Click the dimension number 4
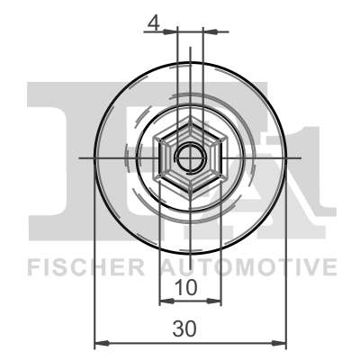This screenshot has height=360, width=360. pos(153,23)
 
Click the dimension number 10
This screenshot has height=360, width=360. pos(186,287)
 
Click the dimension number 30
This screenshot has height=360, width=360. pos(184,328)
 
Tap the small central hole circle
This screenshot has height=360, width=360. pos(191,157)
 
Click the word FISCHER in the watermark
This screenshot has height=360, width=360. pos(85,267)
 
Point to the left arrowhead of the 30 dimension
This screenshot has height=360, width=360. pos(102,343)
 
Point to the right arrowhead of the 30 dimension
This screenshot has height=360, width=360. pos(280,343)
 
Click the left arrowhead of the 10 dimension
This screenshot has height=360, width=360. pos(166,301)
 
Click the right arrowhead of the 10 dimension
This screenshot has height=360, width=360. pos(214,301)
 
